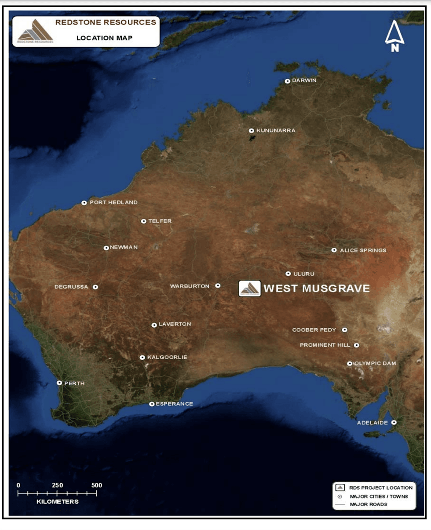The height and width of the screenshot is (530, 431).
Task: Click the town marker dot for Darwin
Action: point(288,81)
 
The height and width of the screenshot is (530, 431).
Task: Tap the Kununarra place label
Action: point(276,131)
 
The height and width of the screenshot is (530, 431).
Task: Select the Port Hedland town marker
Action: point(84,203)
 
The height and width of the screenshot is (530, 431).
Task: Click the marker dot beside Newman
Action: point(106,248)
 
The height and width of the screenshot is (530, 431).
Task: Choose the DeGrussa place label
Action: point(71,287)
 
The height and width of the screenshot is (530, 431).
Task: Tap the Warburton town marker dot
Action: point(218,285)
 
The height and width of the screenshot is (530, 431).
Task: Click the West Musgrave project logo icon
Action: point(250,289)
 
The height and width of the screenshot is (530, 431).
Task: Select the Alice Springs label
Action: point(363,250)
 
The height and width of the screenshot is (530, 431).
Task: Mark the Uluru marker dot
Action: point(288,274)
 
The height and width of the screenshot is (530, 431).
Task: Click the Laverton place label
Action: point(175,324)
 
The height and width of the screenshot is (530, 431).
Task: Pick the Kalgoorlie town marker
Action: point(142,358)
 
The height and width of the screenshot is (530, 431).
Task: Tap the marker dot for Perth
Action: point(59,383)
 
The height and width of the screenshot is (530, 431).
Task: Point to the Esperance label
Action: point(175,404)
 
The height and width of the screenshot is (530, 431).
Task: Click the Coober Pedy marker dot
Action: point(345,329)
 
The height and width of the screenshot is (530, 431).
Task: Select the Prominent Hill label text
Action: point(325,345)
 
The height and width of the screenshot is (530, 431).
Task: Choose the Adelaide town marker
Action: point(394,422)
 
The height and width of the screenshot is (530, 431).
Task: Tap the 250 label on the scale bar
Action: point(58,485)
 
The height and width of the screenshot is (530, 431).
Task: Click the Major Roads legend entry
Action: point(369,504)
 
